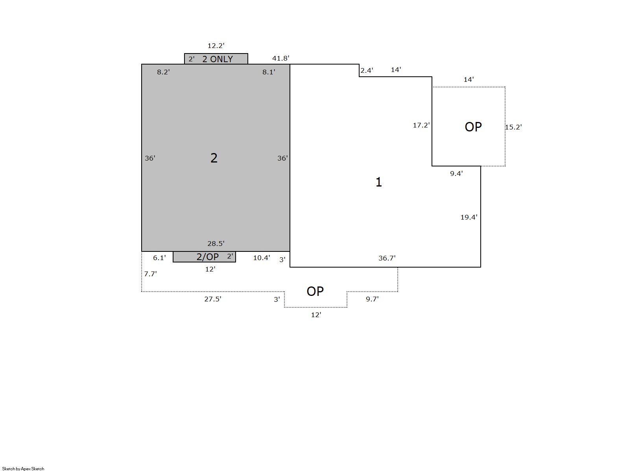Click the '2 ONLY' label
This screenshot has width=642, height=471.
point(218,59)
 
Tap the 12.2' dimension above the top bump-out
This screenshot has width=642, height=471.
point(216,46)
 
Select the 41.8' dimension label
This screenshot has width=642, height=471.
point(280,58)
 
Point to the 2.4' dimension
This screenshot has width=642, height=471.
point(367,70)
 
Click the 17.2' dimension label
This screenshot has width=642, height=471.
point(421,125)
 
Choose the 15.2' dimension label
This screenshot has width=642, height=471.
point(513,127)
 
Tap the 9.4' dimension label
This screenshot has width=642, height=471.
point(456,174)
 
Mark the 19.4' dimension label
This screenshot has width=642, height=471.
point(469,217)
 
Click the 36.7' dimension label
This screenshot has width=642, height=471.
point(387,258)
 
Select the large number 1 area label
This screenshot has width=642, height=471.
point(378,182)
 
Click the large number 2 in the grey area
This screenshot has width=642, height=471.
point(214,158)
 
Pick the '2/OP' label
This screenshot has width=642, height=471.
point(207,257)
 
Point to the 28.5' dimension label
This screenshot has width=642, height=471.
point(216,244)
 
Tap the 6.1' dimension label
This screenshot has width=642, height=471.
point(159,258)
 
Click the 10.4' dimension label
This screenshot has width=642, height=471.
point(261,258)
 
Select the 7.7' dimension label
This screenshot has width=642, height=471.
point(150,274)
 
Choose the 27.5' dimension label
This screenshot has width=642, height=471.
point(213,299)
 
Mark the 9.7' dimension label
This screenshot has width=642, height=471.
point(372,299)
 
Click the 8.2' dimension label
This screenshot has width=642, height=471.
point(163,72)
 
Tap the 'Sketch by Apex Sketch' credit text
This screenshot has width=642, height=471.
point(23,469)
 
